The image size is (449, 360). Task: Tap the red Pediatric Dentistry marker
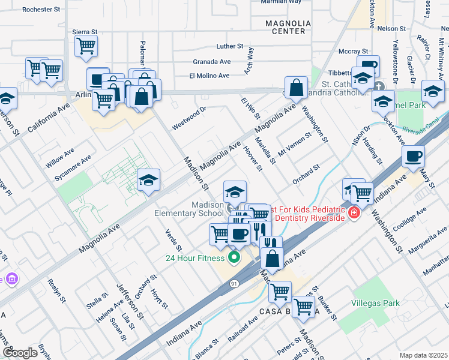[x=354, y=212]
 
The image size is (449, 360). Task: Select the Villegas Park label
[x=375, y=304]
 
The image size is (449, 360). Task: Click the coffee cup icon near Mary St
[x=413, y=157]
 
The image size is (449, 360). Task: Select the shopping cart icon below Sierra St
[x=86, y=45]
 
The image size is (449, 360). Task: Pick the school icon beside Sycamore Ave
[x=148, y=180]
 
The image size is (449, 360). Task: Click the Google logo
[x=20, y=353]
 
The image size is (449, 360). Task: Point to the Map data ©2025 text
[x=423, y=355]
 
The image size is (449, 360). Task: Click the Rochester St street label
[x=41, y=10]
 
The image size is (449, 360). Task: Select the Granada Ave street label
[x=211, y=61]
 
